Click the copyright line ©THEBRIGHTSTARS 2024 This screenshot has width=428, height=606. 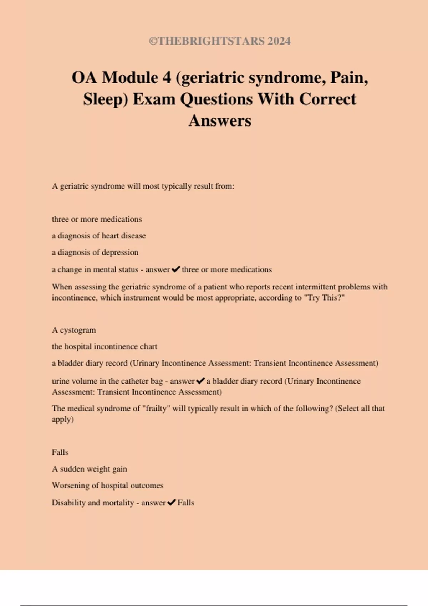coord(220,41)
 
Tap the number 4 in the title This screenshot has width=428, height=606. coord(167,77)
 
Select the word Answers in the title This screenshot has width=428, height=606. coord(220,120)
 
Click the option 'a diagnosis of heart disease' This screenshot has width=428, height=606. coord(99,236)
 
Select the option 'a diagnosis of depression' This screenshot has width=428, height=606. coord(95,252)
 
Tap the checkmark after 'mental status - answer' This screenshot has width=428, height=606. coord(176,269)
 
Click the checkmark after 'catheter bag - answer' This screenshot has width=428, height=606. coord(200,381)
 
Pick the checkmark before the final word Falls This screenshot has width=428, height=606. coord(172,503)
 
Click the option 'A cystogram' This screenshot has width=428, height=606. coord(74,330)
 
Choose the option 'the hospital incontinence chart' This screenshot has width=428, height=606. coord(105,346)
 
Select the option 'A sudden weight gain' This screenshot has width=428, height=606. coord(90,469)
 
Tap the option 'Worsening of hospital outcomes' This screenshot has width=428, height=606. coord(108,486)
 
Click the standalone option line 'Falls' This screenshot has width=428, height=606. coord(60,452)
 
